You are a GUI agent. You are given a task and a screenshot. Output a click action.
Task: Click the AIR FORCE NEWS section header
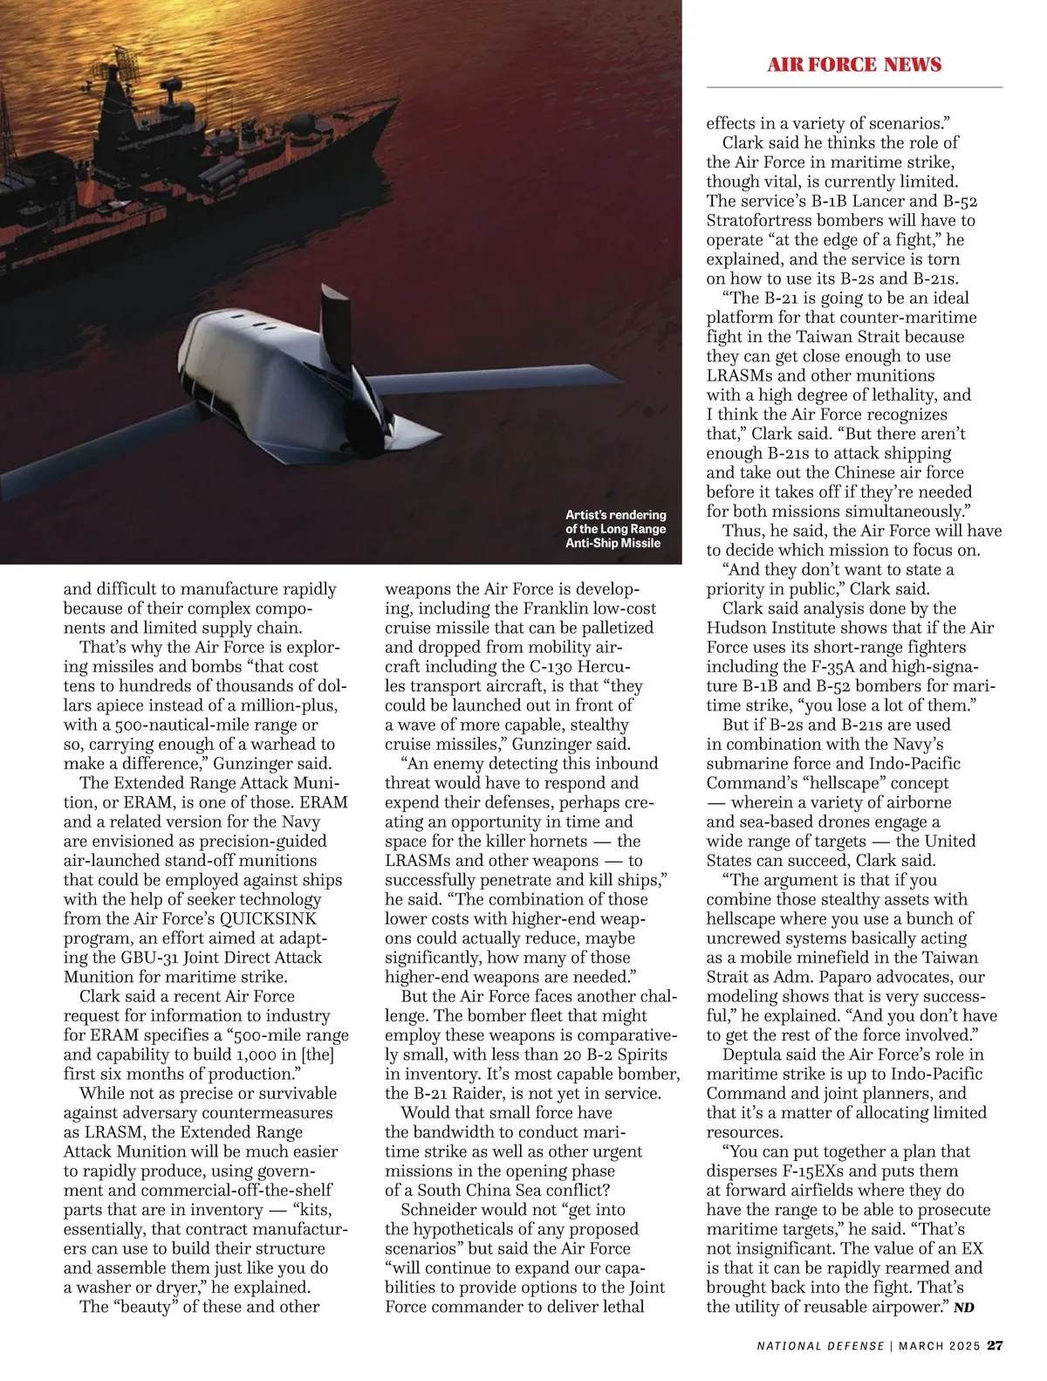854,65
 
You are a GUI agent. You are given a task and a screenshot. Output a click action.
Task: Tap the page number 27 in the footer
995,1345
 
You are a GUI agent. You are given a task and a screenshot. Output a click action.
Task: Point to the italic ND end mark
963,1308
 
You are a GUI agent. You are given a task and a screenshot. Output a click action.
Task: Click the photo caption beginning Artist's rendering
615,529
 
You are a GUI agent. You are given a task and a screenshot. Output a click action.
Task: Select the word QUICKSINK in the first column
268,919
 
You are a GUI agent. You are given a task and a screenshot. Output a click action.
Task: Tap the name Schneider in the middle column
440,1210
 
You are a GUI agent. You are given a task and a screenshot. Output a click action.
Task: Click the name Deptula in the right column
753,1055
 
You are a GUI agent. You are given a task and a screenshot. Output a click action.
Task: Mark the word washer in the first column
109,1288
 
